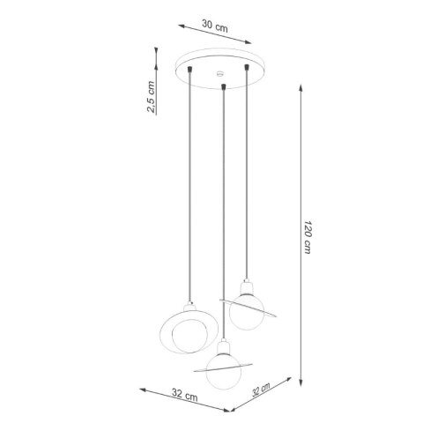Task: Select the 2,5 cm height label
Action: (151, 97)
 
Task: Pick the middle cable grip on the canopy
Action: (226, 86)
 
